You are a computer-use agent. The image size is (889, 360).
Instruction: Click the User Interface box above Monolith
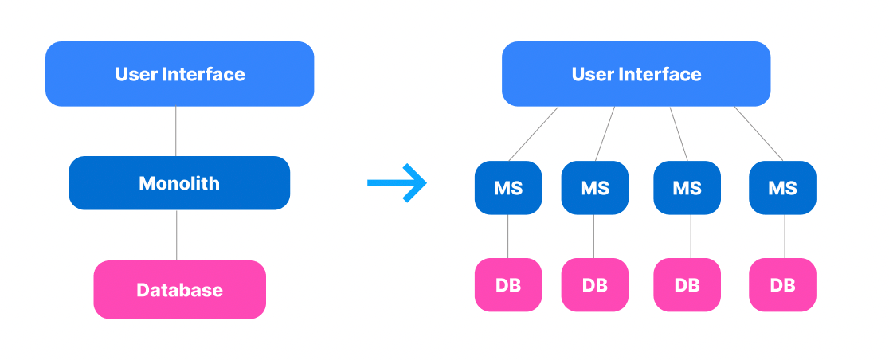[179, 74]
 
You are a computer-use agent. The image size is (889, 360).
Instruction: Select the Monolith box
[179, 183]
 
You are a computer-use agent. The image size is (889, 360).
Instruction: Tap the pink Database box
[179, 290]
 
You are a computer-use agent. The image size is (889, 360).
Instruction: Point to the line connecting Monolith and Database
[177, 235]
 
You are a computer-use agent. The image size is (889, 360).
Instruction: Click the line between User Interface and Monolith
[175, 131]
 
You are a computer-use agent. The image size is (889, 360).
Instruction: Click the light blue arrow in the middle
[398, 184]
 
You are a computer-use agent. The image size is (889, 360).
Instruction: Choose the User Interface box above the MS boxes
[636, 74]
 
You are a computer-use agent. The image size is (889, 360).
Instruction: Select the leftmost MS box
[508, 188]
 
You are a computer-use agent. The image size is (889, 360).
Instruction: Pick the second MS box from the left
[594, 188]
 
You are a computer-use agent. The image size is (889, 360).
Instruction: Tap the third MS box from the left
[687, 188]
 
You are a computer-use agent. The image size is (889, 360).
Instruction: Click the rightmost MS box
[782, 188]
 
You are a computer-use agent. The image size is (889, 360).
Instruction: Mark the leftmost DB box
[508, 284]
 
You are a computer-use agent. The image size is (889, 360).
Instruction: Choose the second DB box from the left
[594, 284]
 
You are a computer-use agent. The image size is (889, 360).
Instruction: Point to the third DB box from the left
[687, 284]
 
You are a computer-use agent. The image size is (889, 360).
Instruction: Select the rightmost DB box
[782, 284]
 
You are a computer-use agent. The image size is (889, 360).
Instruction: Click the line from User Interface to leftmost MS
[534, 134]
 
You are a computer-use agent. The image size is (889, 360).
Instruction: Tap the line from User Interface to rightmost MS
[758, 133]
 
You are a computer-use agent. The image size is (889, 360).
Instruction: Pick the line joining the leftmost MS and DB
[508, 237]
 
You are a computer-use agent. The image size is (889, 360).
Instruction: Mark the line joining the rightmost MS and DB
[785, 237]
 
